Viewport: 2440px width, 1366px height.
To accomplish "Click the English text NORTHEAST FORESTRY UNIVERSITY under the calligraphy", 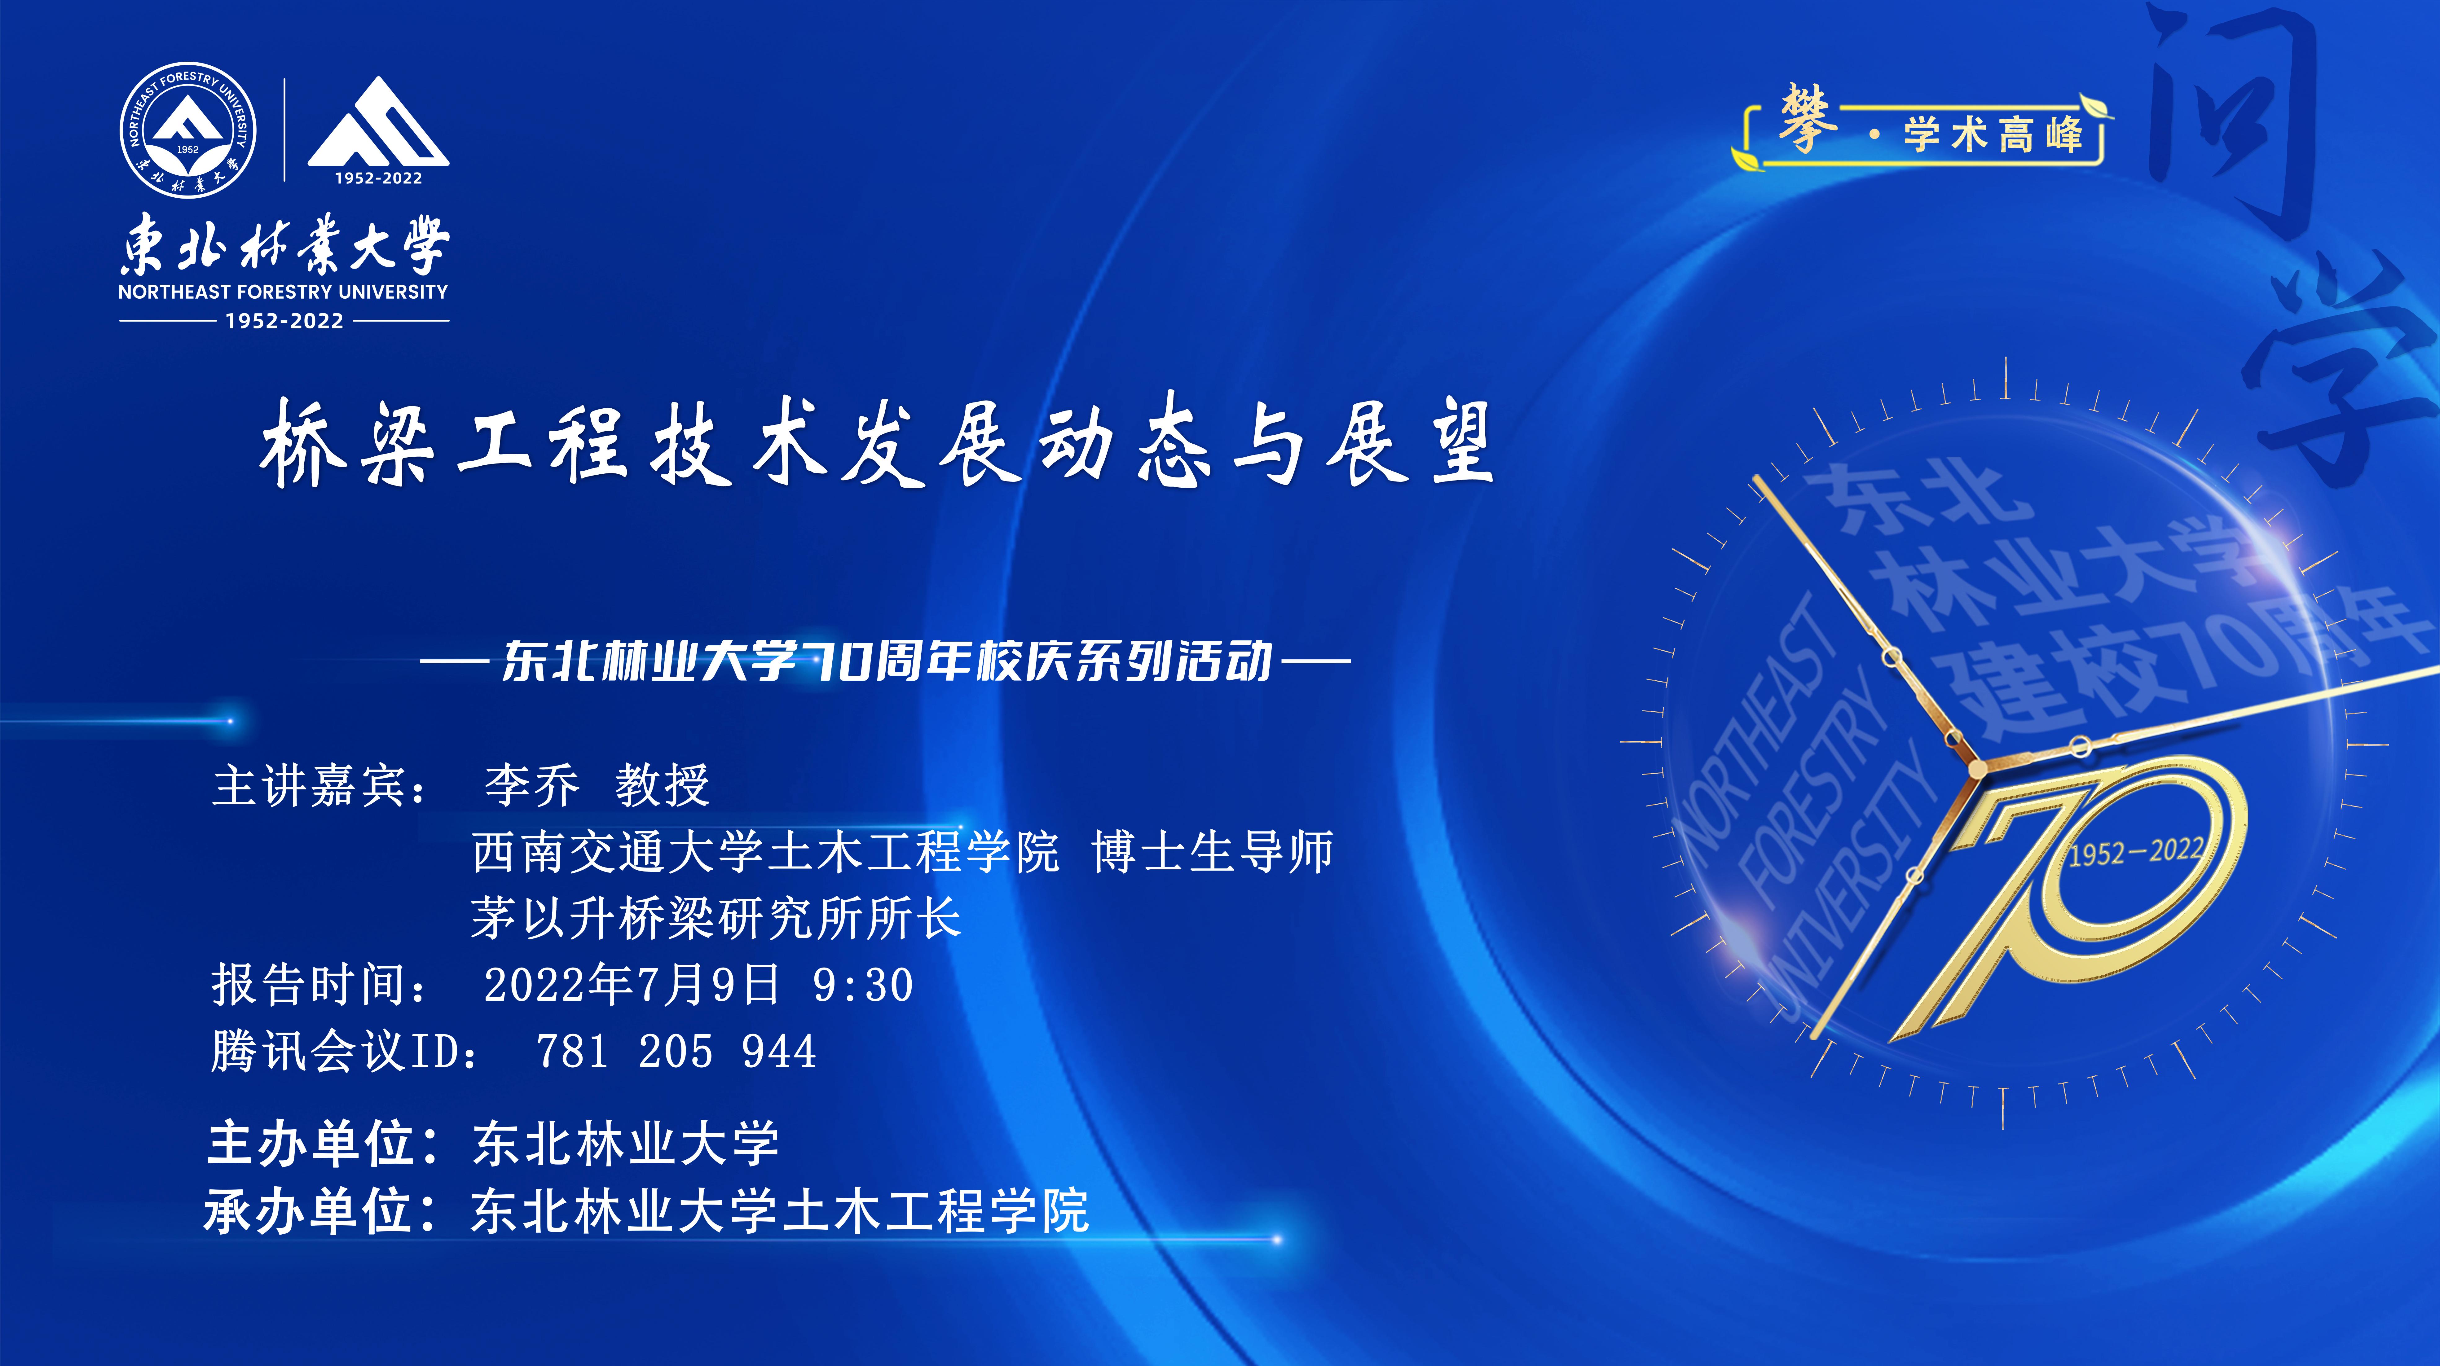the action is click(283, 292).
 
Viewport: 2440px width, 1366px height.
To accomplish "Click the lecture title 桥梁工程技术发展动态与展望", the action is click(876, 441).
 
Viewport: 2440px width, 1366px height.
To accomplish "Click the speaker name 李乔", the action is click(531, 785).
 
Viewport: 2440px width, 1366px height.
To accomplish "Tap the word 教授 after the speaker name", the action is click(662, 785).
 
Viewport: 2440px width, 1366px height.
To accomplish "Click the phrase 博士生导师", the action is click(1213, 851).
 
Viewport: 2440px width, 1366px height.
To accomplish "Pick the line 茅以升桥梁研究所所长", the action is click(716, 917).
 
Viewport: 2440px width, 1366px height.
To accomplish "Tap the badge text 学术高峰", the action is click(1994, 134).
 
